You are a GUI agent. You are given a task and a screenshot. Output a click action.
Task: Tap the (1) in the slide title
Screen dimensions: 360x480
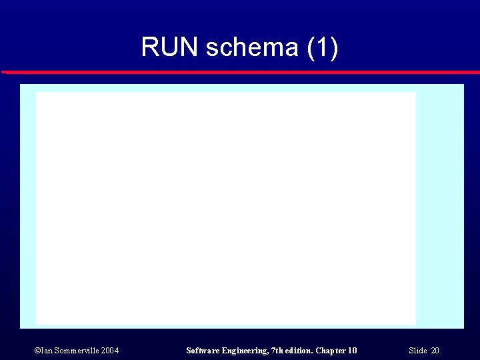pyautogui.click(x=323, y=47)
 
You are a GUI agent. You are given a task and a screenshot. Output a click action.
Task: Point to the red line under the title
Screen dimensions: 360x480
pyautogui.click(x=240, y=71)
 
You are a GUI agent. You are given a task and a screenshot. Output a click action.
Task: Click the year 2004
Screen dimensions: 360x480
pyautogui.click(x=110, y=351)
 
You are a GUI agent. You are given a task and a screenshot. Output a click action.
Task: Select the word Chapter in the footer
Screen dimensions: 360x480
pyautogui.click(x=331, y=351)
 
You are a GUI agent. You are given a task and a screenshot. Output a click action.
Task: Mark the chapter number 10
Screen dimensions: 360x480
pyautogui.click(x=352, y=351)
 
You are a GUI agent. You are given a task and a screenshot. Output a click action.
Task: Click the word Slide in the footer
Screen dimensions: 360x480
pyautogui.click(x=417, y=351)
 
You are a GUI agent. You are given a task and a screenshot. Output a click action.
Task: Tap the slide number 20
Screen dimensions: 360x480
pyautogui.click(x=435, y=351)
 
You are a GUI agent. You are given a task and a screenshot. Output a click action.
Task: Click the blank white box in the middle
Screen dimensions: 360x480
pyautogui.click(x=225, y=208)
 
